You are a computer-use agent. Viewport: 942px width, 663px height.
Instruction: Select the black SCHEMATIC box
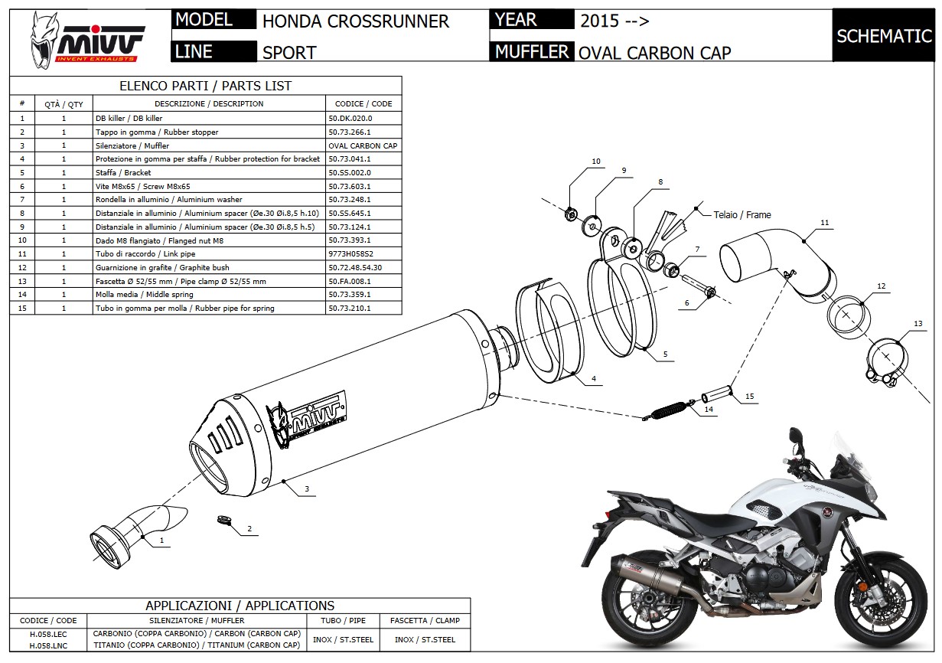[883, 35]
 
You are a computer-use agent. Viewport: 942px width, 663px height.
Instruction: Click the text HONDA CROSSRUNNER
[355, 21]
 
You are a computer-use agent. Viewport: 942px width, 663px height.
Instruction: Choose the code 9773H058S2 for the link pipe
[350, 253]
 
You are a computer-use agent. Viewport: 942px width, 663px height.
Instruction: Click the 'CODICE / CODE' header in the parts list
[363, 103]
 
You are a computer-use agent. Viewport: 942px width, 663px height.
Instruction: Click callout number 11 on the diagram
[824, 223]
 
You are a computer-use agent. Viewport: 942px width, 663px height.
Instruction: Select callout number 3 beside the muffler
[306, 488]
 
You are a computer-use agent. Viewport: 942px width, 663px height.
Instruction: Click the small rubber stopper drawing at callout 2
[223, 520]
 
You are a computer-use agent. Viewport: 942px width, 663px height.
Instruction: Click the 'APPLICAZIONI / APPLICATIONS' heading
[240, 606]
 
